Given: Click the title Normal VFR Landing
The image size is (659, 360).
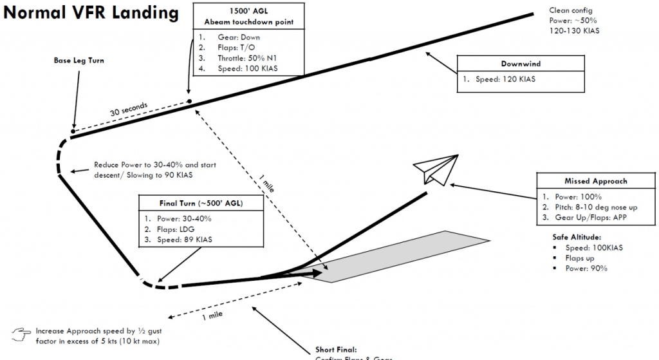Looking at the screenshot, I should [91, 13].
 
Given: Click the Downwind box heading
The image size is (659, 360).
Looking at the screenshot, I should [521, 64].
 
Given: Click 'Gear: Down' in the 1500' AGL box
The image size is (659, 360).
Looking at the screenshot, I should [239, 37].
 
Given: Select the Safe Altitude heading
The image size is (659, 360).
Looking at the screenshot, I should [577, 237].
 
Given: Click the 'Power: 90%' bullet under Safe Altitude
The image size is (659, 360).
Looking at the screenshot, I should [586, 268].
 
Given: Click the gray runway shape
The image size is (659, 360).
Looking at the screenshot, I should [399, 255].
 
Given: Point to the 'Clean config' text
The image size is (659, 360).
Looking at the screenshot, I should [570, 10].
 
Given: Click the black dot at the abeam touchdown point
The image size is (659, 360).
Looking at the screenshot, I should [189, 101].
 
